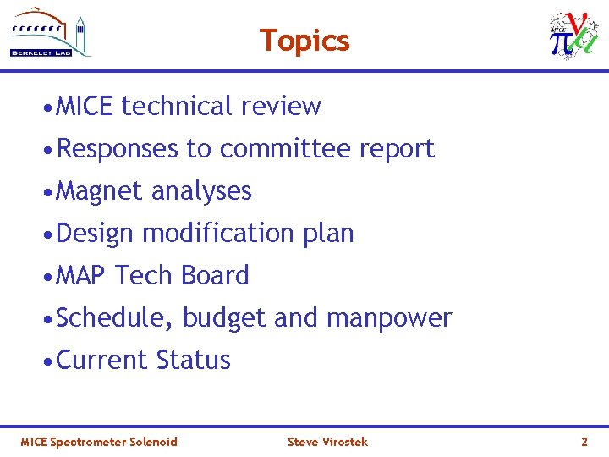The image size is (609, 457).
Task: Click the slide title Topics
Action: [304, 40]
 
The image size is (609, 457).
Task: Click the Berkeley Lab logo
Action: [51, 33]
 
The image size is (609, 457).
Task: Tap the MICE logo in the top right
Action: [573, 36]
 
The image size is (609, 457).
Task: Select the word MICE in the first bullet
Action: [85, 106]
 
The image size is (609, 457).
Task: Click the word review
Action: [281, 106]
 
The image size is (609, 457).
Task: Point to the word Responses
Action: [118, 148]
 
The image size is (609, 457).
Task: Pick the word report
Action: [397, 149]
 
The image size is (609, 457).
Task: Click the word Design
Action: [95, 233]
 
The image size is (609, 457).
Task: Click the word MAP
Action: [81, 275]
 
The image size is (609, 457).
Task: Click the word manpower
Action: [389, 317]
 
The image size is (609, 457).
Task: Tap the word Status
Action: [193, 360]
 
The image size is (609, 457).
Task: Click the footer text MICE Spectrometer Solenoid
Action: [99, 442]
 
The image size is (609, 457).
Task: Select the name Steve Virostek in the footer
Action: [327, 442]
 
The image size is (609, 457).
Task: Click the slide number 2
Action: [584, 442]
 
